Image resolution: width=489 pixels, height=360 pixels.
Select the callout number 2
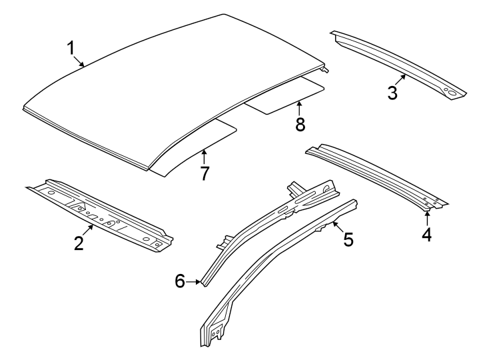pyautogui.click(x=79, y=243)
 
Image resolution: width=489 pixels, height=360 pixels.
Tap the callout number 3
pyautogui.click(x=393, y=93)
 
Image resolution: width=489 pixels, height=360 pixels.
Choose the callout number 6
pyautogui.click(x=180, y=282)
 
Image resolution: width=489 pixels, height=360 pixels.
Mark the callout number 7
pyautogui.click(x=205, y=173)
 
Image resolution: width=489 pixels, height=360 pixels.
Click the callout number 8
pyautogui.click(x=300, y=123)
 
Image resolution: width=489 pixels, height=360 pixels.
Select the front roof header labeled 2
pyautogui.click(x=100, y=212)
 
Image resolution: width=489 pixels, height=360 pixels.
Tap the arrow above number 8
pyautogui.click(x=300, y=107)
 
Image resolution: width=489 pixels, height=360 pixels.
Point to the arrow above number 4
pyautogui.click(x=427, y=217)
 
